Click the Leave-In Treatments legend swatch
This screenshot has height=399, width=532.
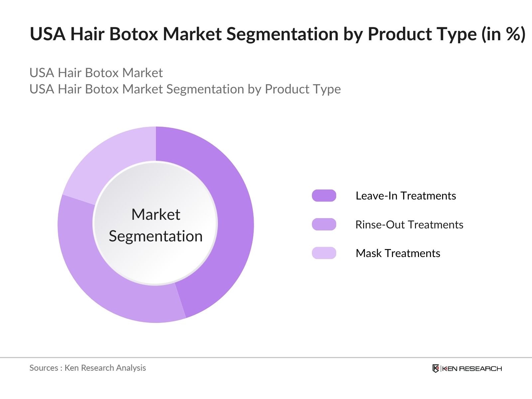pyautogui.click(x=324, y=196)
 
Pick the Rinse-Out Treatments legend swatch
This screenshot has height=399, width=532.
pyautogui.click(x=324, y=224)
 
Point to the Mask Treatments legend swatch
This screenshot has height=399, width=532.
pyautogui.click(x=324, y=253)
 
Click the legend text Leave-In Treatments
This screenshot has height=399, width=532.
pyautogui.click(x=406, y=196)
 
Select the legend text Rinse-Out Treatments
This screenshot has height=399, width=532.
pyautogui.click(x=409, y=225)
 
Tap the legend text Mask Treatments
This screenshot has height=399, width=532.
pyautogui.click(x=398, y=253)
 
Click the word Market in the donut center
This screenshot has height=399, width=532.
pyautogui.click(x=156, y=214)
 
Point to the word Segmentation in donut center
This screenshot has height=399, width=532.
pyautogui.click(x=156, y=236)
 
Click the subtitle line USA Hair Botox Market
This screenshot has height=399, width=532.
pyautogui.click(x=96, y=73)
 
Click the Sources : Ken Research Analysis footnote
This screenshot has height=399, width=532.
pyautogui.click(x=87, y=368)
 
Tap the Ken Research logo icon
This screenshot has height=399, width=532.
pyautogui.click(x=436, y=368)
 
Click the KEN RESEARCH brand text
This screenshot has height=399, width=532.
pyautogui.click(x=472, y=368)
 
